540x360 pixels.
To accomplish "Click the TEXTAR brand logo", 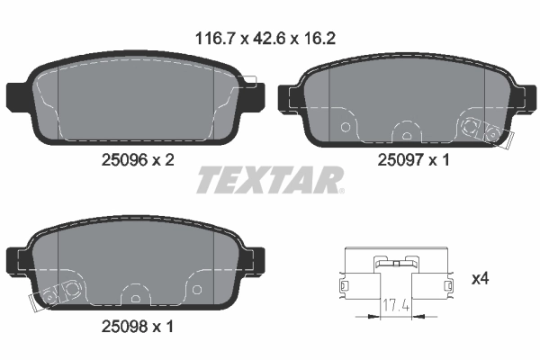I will point(269,180).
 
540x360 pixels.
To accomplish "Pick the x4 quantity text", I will point(480,281).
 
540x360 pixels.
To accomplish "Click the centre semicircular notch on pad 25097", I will point(406,135).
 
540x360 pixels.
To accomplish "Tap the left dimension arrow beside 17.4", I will point(364,316).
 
